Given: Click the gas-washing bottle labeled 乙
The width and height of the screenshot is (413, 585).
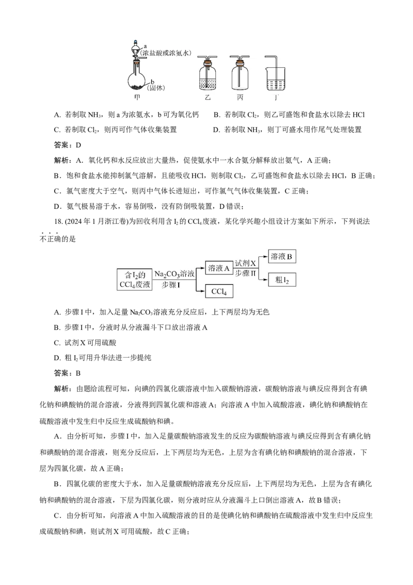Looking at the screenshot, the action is (x=208, y=74).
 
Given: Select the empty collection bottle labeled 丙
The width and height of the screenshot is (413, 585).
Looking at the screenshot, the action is (x=240, y=74).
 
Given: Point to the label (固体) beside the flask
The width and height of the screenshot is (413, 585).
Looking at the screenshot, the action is (x=156, y=88).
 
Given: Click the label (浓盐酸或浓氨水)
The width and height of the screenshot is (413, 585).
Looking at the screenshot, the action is (x=165, y=53).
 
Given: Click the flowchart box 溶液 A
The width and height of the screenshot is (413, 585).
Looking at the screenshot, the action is (x=219, y=268).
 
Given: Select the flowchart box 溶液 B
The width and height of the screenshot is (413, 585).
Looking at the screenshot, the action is (x=282, y=257).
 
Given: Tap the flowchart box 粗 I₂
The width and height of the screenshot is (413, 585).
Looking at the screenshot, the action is (x=282, y=280).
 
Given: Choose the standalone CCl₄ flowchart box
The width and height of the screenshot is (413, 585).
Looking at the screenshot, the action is (x=219, y=291).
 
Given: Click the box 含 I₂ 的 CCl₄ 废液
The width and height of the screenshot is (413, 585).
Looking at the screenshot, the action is (x=135, y=280).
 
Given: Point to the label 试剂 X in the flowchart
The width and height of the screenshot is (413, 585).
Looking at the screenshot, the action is (x=245, y=264).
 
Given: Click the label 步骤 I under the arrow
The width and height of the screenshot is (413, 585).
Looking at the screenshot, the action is (x=171, y=285).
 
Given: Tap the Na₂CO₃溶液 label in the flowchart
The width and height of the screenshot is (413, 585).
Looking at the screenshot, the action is (x=174, y=274).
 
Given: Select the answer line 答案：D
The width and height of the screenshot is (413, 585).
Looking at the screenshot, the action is (x=68, y=145).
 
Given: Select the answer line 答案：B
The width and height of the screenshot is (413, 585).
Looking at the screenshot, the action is (x=68, y=373).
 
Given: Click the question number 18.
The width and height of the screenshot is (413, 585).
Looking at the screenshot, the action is (x=58, y=222).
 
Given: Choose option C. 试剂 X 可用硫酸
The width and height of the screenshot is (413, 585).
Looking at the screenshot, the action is (x=85, y=343).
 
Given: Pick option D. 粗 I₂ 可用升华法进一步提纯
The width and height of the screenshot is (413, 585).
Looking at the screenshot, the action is (x=103, y=358).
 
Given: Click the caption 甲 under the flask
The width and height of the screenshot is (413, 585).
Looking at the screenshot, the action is (x=137, y=97).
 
